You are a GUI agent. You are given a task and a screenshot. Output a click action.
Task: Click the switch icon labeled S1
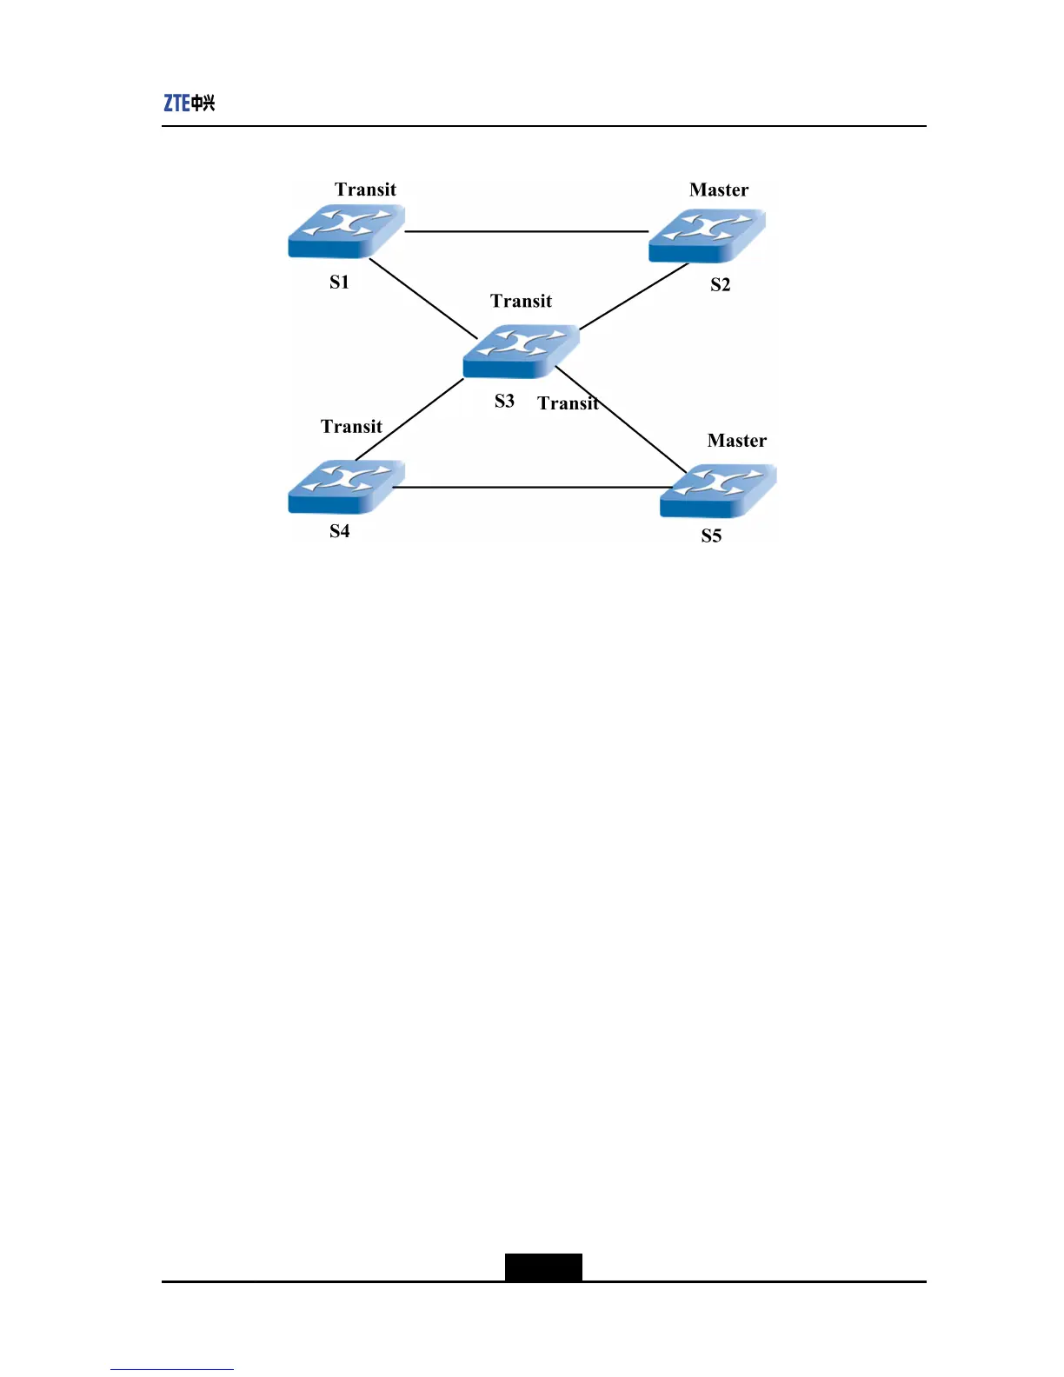point(346,231)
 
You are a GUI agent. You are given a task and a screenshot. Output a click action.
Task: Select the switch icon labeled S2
point(707,236)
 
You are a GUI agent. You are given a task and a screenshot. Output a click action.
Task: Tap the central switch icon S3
point(521,351)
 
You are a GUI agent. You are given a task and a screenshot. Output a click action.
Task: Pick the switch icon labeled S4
point(346,487)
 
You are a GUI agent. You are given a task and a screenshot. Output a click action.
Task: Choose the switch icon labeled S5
point(718,491)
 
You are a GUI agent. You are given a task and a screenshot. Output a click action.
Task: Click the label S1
point(339,282)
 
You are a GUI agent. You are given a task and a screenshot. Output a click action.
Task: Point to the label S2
point(721,284)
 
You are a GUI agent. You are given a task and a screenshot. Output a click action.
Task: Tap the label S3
point(504,401)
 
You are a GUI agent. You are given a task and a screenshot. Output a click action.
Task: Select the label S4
point(339,531)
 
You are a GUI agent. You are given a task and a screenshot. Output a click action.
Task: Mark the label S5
point(711,535)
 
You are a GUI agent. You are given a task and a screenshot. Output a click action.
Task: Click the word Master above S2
point(719,190)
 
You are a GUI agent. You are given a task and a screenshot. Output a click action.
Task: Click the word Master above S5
point(737,441)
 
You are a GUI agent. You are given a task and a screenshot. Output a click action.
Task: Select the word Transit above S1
point(365,190)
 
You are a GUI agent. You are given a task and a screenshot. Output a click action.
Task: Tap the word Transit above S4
point(351,426)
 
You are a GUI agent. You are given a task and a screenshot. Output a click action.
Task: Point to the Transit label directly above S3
point(521,301)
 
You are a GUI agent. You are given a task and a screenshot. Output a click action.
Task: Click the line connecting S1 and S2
point(526,231)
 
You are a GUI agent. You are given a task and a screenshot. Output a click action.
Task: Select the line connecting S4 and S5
point(530,487)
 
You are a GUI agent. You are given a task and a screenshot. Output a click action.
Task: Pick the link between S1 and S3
point(423,298)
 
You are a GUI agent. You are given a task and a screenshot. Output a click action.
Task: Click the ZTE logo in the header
point(189,103)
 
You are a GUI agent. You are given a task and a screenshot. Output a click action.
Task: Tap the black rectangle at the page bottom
point(543,1267)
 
